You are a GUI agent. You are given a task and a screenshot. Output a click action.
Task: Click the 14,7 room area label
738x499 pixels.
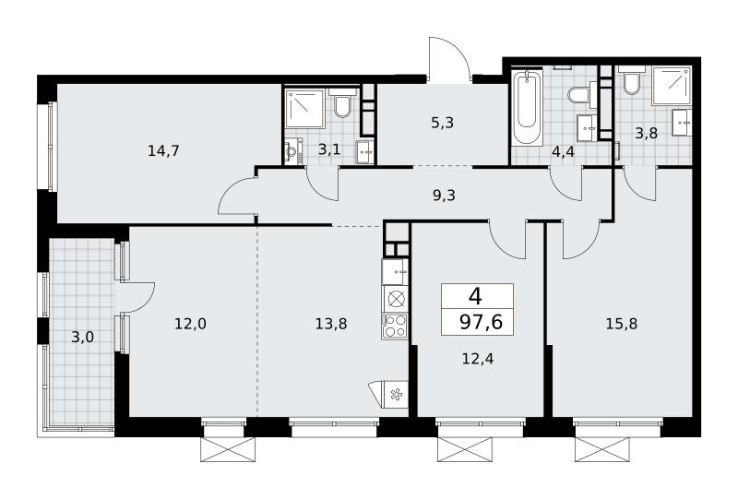[163, 151]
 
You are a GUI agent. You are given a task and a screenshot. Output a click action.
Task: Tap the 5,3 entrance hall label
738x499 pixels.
[443, 123]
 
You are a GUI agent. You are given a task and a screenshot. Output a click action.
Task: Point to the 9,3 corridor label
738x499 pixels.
[444, 195]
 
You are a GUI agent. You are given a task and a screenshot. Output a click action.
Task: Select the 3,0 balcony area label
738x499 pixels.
[83, 337]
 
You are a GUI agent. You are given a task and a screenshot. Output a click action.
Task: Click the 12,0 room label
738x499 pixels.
[191, 324]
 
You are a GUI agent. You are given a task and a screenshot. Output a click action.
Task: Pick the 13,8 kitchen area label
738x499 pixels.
[331, 324]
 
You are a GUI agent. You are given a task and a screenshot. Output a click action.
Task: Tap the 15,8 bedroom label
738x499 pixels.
[622, 324]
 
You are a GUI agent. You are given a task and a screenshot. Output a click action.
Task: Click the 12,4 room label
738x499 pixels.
[478, 359]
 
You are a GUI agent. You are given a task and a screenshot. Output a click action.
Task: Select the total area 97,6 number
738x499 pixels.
[481, 322]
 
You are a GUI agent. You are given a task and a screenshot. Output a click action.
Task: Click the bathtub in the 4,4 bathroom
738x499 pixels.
[527, 107]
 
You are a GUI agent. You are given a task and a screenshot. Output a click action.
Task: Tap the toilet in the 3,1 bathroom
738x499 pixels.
[340, 103]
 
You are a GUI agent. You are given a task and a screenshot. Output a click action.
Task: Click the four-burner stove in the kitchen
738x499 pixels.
[396, 327]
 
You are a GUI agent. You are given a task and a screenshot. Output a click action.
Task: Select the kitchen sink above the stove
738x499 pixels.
[396, 271]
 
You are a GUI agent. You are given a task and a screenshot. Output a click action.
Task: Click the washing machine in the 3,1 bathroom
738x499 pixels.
[293, 151]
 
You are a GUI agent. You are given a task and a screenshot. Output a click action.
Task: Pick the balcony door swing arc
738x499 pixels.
[139, 297]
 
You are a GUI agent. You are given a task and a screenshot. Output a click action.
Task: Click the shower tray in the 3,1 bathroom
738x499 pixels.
[305, 109]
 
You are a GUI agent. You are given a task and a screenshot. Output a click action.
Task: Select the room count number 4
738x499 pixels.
[476, 297]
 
